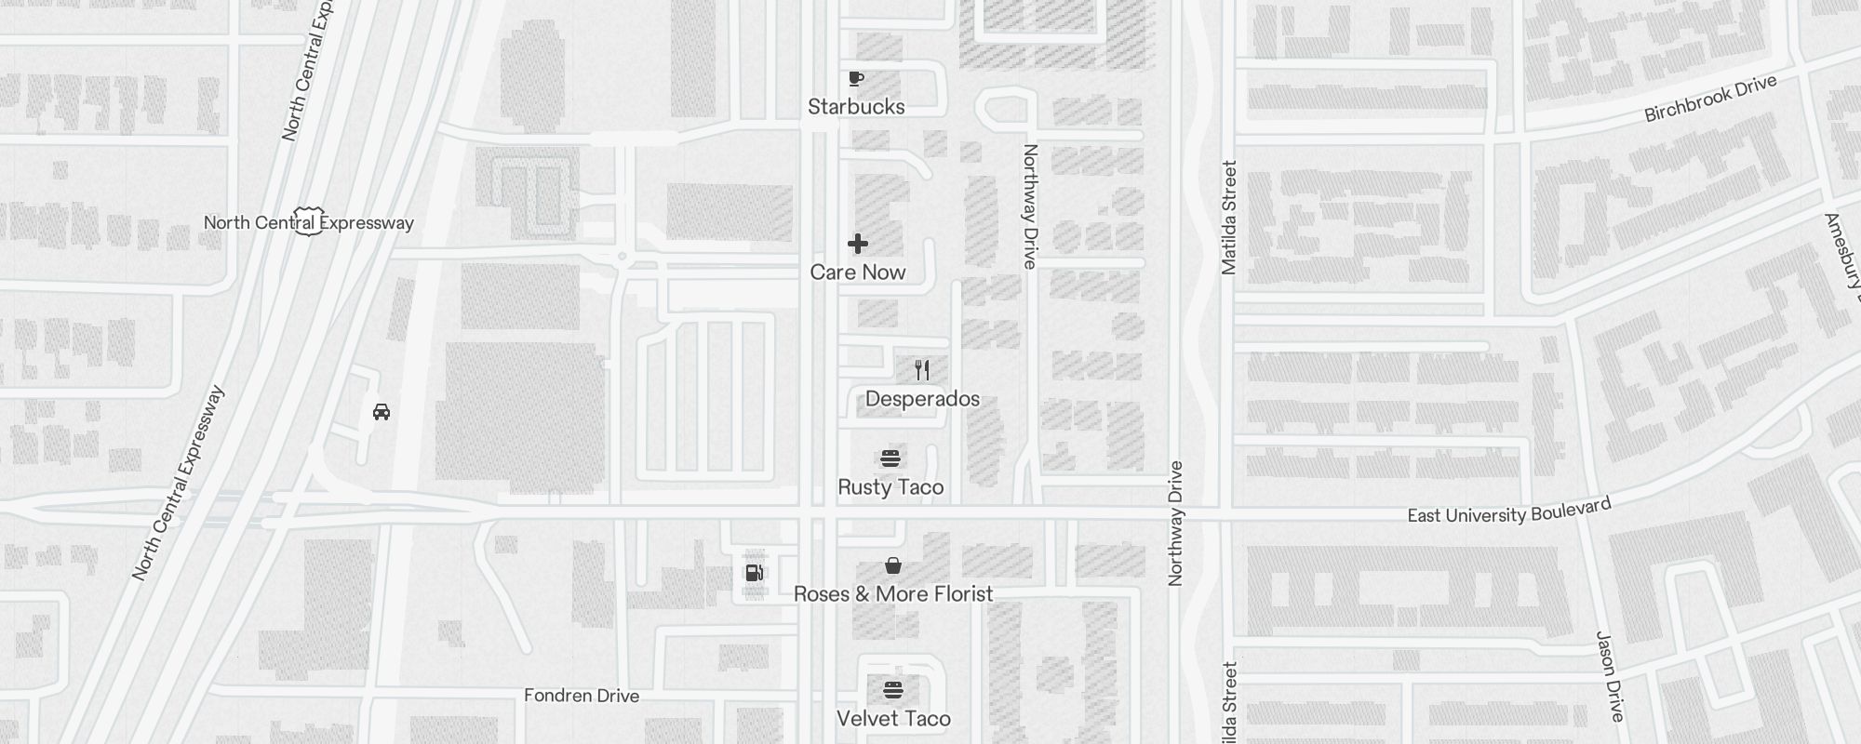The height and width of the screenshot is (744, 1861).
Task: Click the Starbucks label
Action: point(856,107)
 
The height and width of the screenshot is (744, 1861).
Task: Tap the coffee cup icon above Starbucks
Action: point(856,78)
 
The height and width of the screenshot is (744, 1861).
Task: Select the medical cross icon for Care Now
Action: point(858,244)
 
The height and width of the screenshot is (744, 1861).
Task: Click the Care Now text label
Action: point(858,272)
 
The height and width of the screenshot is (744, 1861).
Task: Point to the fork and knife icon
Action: point(922,370)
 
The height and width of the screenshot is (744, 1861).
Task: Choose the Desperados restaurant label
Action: point(922,399)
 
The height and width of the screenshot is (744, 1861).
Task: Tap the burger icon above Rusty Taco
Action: point(890,458)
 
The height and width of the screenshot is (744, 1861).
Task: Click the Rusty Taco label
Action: point(890,487)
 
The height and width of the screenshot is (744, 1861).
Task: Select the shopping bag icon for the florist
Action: point(893,565)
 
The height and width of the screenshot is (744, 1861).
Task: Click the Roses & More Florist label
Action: point(893,594)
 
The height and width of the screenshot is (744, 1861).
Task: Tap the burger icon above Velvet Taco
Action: point(893,690)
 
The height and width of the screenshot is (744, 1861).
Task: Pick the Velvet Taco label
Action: point(893,719)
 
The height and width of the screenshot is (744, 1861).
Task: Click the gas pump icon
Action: point(755,572)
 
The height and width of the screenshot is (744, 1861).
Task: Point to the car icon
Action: point(382,412)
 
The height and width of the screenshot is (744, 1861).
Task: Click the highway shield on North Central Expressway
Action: point(308,221)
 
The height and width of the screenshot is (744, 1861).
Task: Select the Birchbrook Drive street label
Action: point(1710,99)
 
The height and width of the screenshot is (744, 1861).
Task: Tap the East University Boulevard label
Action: point(1508,511)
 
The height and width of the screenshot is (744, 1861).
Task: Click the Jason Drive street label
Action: point(1610,676)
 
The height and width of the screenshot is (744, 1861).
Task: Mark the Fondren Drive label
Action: point(582,696)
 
